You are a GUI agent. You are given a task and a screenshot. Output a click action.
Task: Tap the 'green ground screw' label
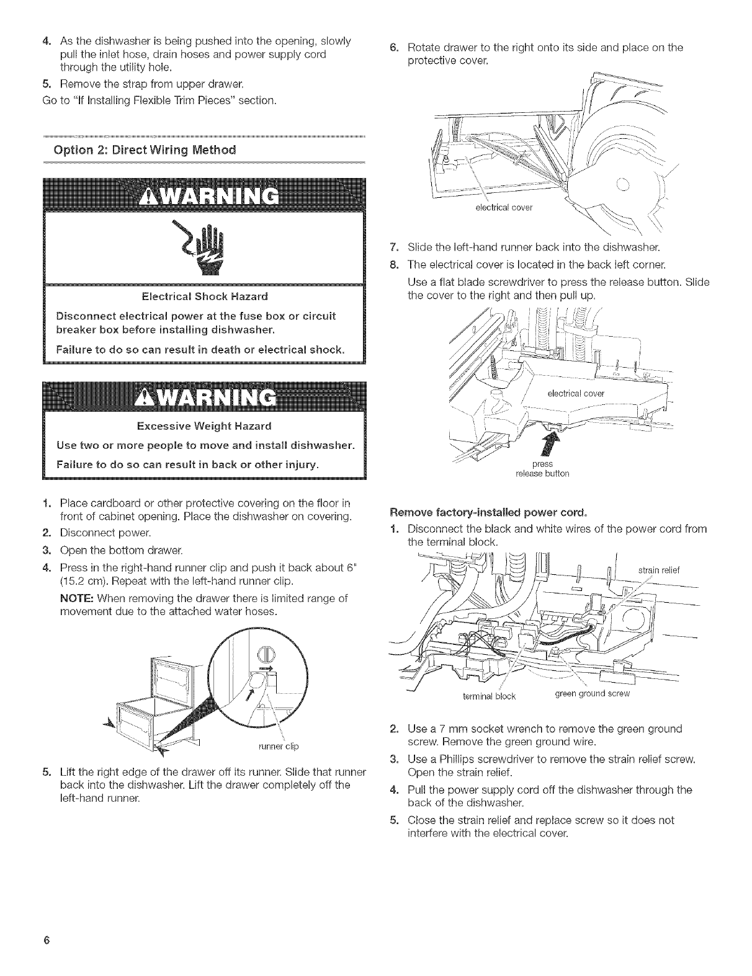592,694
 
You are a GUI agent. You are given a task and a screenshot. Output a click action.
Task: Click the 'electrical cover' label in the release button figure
575,393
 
